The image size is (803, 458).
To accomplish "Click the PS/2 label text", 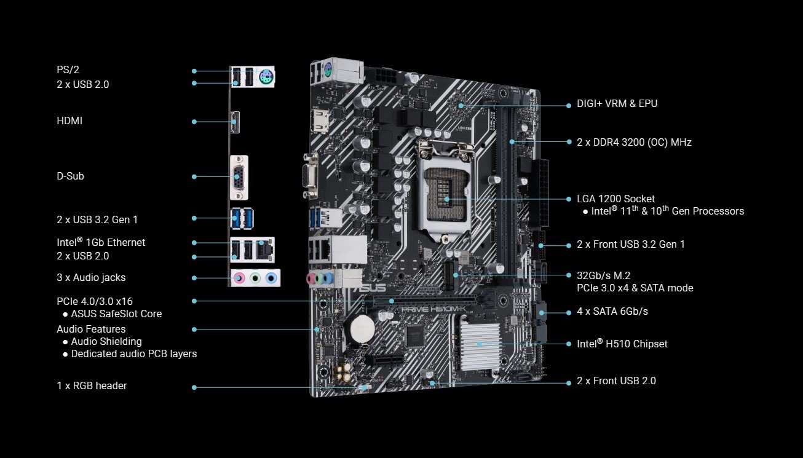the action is coord(68,69).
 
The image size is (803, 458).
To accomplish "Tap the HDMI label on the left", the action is coord(69,120).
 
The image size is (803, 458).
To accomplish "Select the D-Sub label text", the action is coord(70,176).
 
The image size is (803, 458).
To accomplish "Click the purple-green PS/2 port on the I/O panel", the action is coord(266,76).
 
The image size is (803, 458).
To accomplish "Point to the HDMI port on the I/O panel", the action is coord(235,122).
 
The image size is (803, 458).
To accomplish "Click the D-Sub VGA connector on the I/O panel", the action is coord(239,178).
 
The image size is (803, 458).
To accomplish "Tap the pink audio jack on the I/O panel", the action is coord(239,278).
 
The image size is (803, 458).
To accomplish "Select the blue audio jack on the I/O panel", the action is coord(271,278).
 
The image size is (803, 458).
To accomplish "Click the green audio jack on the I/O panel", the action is coord(255,278).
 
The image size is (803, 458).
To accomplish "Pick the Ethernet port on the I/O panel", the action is coord(265,250).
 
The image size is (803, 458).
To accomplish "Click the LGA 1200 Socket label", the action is coord(615,199).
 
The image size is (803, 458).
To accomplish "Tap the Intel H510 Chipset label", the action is coord(622,344).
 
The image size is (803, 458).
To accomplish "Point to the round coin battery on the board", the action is coord(362,328).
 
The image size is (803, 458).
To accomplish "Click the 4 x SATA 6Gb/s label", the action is coord(612,312).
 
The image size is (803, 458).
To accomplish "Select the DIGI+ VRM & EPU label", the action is coord(617,103).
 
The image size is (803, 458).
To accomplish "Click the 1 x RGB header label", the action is coord(92,385).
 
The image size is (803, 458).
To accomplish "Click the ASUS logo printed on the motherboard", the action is coord(370,287).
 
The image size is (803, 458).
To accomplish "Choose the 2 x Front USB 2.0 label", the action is coord(616,381).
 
